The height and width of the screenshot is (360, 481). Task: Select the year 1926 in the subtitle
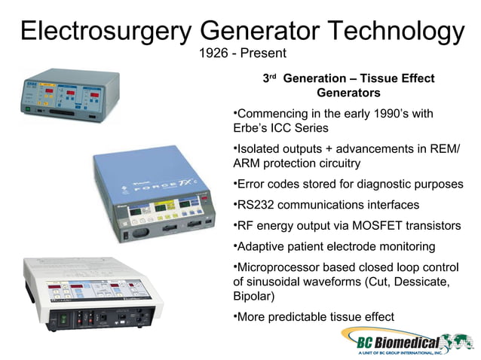click(213, 53)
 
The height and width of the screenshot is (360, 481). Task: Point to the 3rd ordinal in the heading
click(269, 78)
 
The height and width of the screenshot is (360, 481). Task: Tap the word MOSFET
click(369, 225)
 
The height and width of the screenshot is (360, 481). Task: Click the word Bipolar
click(254, 295)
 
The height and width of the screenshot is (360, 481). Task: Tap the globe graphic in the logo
click(450, 338)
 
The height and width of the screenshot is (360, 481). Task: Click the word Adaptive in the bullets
click(264, 246)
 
